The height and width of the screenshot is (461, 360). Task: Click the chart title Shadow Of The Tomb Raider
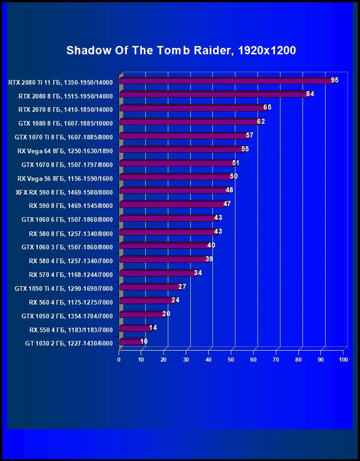tap(181, 50)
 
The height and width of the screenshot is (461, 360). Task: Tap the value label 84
tap(310, 94)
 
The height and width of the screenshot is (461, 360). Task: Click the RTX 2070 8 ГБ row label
tap(65, 109)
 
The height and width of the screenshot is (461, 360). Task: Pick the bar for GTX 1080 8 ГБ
tap(189, 122)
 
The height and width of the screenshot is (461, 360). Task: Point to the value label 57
tap(250, 135)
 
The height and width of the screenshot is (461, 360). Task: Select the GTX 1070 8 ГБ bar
tap(177, 163)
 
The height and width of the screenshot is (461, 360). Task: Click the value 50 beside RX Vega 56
tap(234, 176)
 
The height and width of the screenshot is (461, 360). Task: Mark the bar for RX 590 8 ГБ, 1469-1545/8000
tap(172, 205)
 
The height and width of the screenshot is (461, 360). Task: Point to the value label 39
tap(209, 259)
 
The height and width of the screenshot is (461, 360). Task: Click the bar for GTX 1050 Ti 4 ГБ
tap(149, 287)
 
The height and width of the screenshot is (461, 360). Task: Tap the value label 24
tap(175, 300)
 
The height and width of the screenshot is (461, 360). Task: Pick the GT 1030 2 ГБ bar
tap(131, 342)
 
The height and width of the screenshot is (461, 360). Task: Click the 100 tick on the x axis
tap(343, 359)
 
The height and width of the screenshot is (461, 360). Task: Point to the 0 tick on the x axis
tap(119, 359)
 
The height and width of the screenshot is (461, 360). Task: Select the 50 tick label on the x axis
tap(231, 359)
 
